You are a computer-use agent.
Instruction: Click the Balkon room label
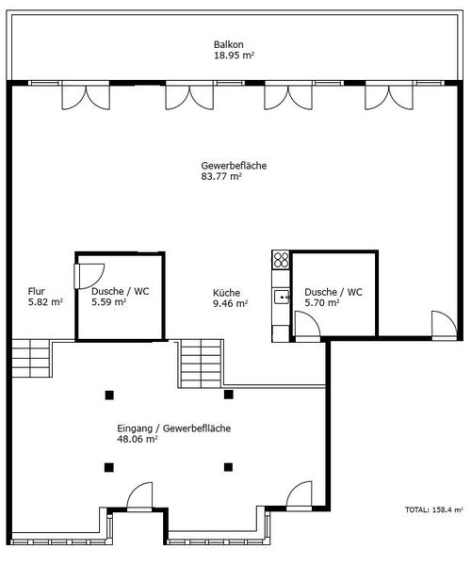point(229,44)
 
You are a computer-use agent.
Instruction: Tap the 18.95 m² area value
point(235,56)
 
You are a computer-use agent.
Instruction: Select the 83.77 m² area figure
point(221,177)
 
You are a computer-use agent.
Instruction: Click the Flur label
point(37,291)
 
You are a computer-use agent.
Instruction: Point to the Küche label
point(226,293)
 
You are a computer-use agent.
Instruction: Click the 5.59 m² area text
point(108,302)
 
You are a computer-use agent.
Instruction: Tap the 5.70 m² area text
point(322,302)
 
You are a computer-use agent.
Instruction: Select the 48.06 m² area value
point(138,439)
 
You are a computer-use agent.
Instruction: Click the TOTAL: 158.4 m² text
point(434,509)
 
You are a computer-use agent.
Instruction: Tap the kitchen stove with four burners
point(281,260)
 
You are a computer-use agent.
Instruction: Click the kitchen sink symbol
point(282,297)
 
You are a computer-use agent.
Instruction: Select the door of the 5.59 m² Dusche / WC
point(89,276)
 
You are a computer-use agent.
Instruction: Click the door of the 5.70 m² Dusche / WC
point(307,326)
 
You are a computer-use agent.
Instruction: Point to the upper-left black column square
point(109,395)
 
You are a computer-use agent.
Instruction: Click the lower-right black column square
point(228,467)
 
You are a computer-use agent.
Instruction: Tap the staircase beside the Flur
point(31,358)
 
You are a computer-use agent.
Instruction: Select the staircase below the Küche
point(201,363)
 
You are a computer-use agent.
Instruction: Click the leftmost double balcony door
point(86,96)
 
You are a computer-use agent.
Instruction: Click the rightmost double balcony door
point(389,96)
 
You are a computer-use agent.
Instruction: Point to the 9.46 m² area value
point(230,303)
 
